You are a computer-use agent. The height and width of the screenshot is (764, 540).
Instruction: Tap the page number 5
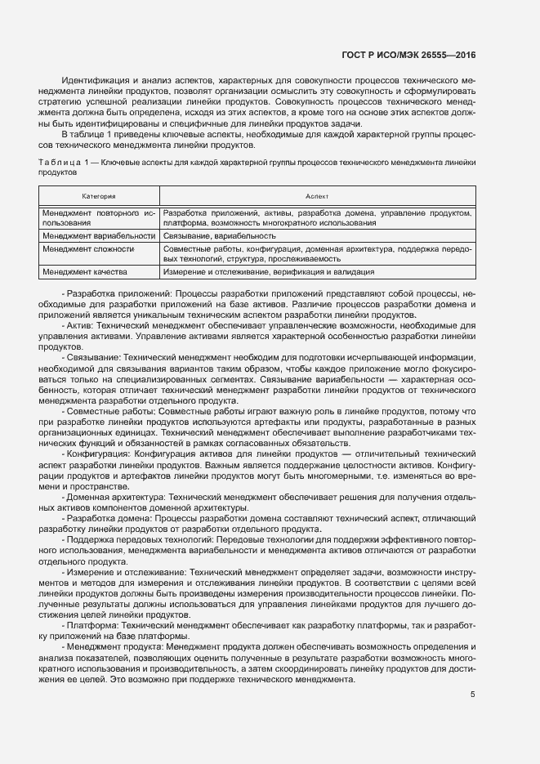[x=473, y=695]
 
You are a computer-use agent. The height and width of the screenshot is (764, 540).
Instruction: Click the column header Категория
[x=98, y=197]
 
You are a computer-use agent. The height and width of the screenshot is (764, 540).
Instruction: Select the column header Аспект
[x=316, y=197]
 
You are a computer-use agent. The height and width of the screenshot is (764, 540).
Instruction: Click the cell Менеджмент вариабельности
[x=98, y=235]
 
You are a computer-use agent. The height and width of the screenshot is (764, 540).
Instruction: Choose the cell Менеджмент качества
[x=85, y=272]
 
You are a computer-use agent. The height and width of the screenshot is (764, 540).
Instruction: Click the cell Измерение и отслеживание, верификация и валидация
[x=269, y=272]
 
